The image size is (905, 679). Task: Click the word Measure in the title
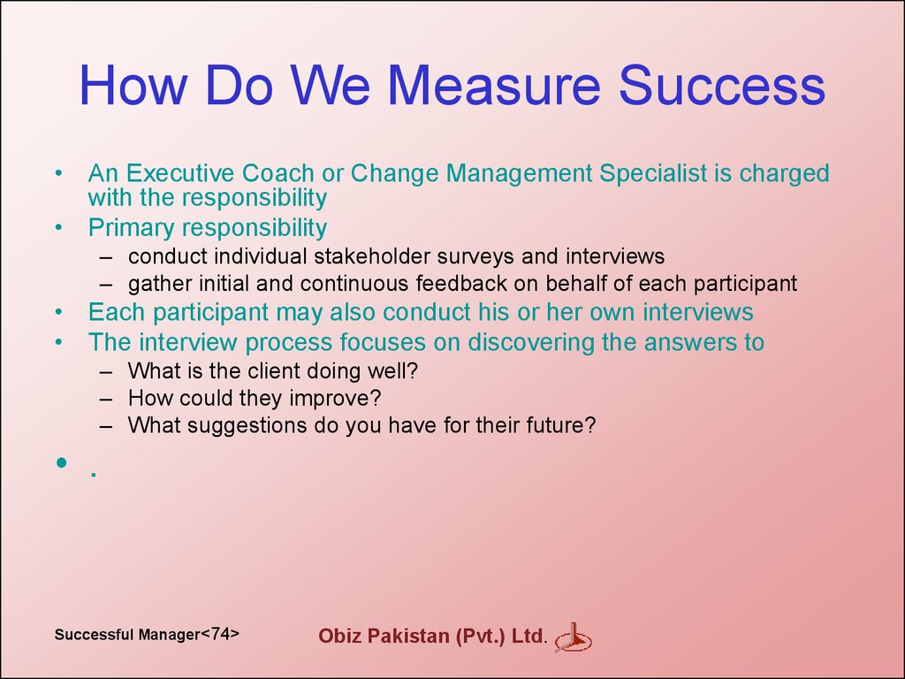coord(494,85)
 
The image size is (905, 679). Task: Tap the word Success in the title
coord(722,85)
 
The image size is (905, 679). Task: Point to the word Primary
coord(127,228)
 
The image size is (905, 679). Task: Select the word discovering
coord(531,342)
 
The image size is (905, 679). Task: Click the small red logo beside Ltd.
coord(573,638)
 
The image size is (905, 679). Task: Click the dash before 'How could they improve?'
coord(106,399)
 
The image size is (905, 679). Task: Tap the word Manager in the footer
coord(170,635)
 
